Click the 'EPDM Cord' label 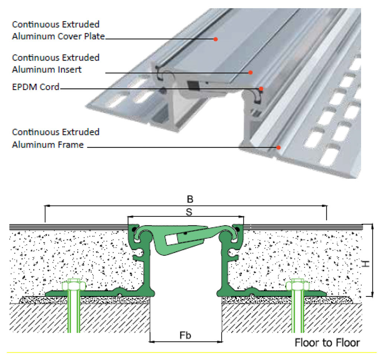click(x=36, y=87)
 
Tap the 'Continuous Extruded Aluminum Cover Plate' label click(x=58, y=30)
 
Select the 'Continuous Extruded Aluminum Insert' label click(x=56, y=64)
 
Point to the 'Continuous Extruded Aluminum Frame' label click(x=56, y=138)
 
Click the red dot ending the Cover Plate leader click(x=215, y=39)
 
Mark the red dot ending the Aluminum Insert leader click(x=251, y=73)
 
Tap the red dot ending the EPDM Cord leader click(x=261, y=89)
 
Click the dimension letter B click(x=190, y=199)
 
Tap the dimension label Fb click(x=185, y=335)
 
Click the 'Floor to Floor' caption click(x=327, y=342)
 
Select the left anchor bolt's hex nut click(x=74, y=286)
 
